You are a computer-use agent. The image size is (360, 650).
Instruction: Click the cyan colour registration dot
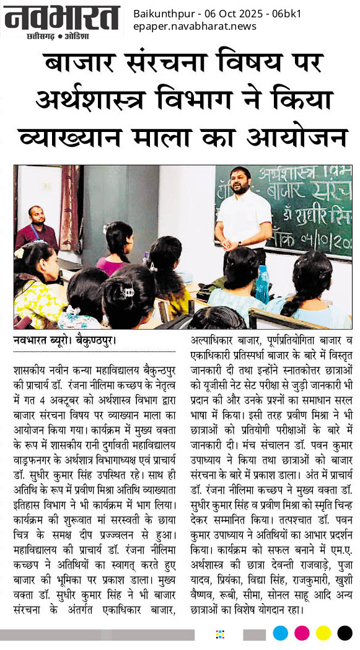coord(281,633)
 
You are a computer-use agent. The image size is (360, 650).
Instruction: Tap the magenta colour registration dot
coord(302,633)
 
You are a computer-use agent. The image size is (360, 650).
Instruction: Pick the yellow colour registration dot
coord(323,633)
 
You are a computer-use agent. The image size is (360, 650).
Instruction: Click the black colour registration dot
coord(345,633)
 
